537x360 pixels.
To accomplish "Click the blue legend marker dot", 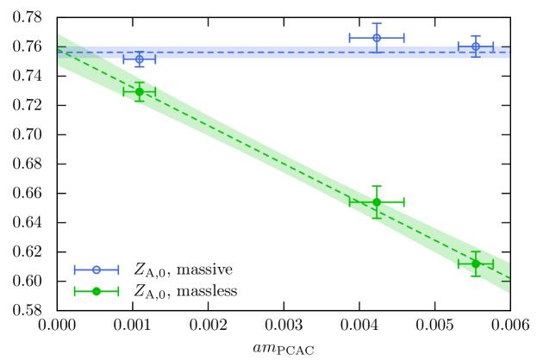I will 97,270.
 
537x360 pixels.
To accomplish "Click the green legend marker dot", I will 97,291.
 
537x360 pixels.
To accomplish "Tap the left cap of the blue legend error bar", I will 75,270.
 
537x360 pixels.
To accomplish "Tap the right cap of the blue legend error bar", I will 118,270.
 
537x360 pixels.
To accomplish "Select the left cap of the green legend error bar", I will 75,291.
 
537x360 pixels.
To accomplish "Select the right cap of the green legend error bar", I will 118,291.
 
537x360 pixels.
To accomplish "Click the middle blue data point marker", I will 377,38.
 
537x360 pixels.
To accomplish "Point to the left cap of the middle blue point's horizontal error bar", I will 349,38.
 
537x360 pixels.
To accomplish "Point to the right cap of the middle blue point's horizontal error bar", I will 403,38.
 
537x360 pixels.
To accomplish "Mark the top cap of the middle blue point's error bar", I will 377,24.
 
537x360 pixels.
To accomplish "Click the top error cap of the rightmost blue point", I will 475,36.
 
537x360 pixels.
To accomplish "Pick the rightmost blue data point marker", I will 475,46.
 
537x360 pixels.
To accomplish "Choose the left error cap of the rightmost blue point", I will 458,45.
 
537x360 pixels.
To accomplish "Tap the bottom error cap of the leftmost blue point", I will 139,65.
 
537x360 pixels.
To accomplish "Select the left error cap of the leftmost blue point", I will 123,59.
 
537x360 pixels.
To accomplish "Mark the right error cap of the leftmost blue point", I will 155,59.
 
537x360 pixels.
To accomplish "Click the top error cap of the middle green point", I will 377,187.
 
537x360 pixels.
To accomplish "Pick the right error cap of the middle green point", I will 403,202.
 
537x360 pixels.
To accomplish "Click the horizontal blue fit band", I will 284,53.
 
